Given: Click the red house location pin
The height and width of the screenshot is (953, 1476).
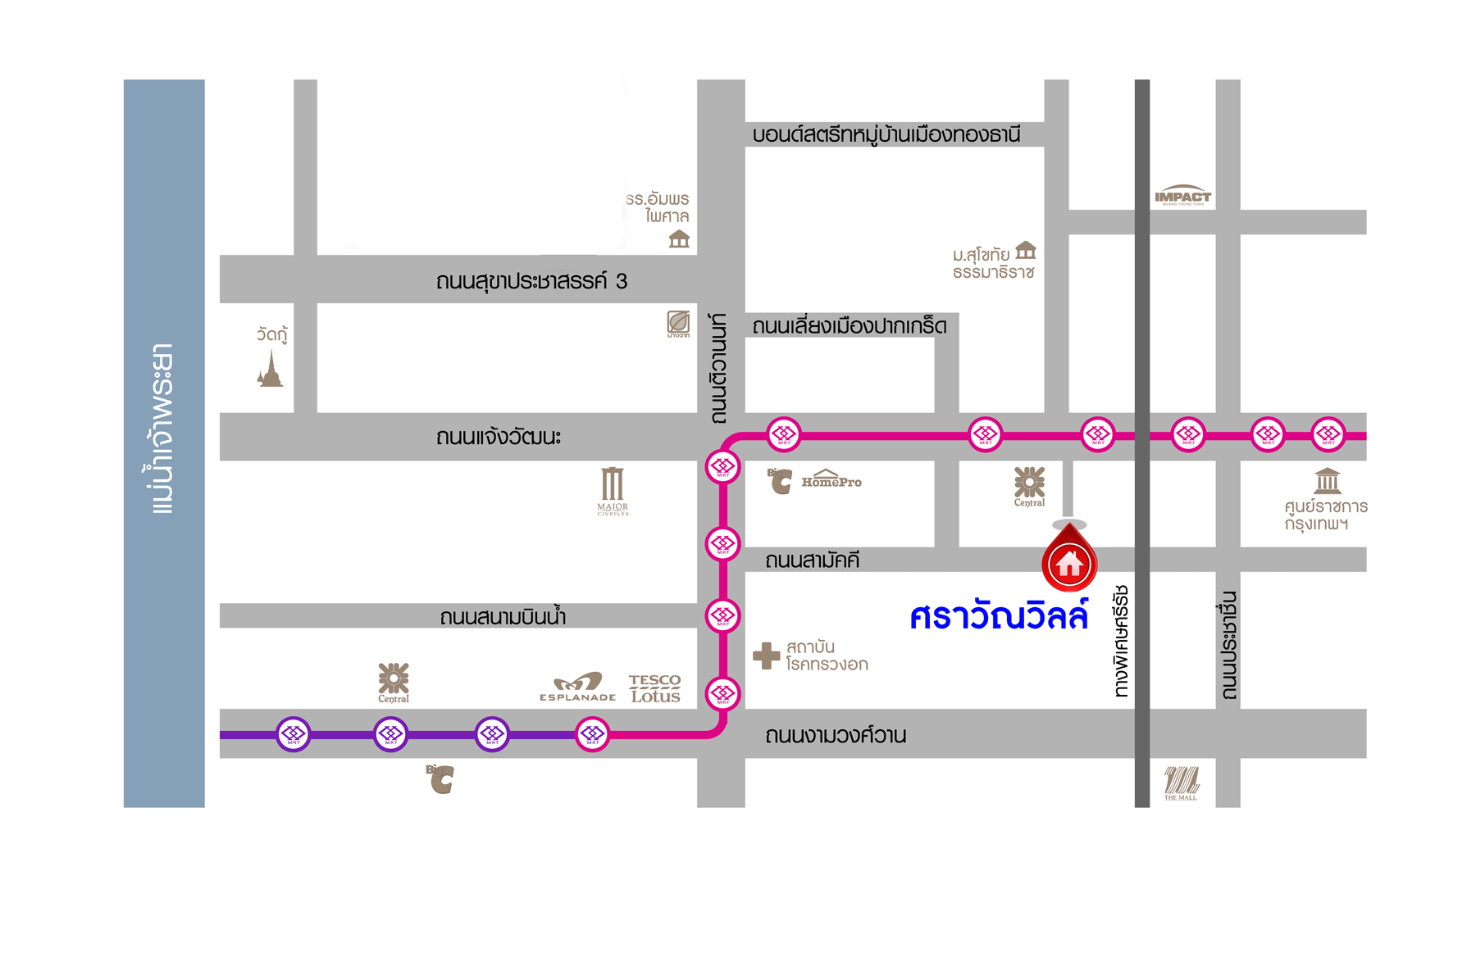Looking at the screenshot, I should tap(1069, 560).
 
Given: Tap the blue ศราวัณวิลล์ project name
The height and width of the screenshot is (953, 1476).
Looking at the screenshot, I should tap(999, 616).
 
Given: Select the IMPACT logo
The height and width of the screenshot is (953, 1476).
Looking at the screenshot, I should tap(1182, 196).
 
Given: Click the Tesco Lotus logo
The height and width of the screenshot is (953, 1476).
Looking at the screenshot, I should tap(654, 688).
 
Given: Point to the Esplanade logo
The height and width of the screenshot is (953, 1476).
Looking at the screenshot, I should tap(578, 687).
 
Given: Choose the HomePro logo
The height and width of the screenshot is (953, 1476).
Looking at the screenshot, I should tap(831, 479).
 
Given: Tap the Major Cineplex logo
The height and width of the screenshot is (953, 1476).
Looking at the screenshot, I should tap(613, 490).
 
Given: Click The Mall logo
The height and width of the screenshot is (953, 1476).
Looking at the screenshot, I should tap(1181, 783).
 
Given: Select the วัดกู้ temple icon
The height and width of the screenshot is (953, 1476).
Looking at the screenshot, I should tap(270, 369).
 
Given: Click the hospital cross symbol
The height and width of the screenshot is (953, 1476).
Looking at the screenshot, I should tap(767, 656).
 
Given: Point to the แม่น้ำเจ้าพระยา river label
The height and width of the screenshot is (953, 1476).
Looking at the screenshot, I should tap(163, 429).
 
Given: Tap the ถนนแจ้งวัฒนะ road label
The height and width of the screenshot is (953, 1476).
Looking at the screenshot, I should tap(499, 437).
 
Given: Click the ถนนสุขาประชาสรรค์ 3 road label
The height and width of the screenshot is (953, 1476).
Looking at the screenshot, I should tap(531, 282).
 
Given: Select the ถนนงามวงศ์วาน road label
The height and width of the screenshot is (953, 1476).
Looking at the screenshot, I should tap(835, 736).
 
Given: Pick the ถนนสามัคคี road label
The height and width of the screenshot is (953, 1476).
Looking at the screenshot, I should tap(812, 560).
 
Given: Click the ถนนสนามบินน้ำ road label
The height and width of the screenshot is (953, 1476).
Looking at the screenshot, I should tap(503, 617).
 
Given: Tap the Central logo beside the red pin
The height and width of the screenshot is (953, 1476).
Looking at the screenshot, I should tap(1029, 486).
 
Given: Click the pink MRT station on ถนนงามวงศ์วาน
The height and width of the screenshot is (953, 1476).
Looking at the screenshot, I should tap(592, 734).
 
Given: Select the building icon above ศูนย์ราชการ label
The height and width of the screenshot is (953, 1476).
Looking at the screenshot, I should tap(1327, 481).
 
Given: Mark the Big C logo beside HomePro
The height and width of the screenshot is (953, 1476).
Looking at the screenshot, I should tap(780, 481).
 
